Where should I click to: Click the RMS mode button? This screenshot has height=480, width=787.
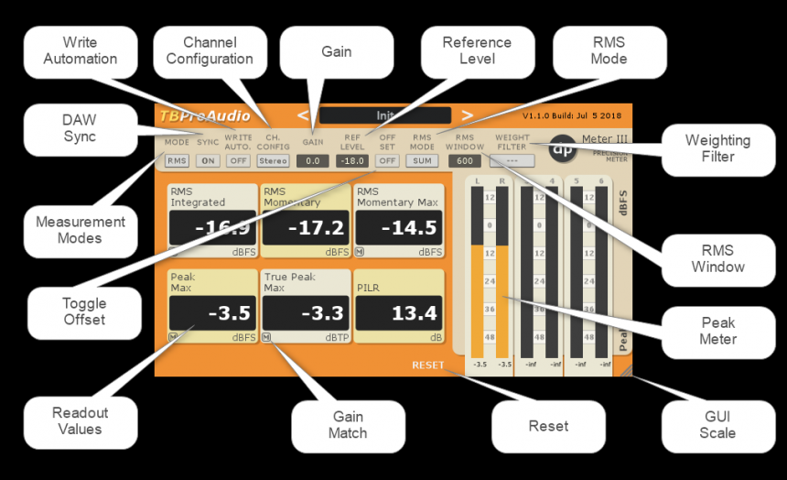point(176,160)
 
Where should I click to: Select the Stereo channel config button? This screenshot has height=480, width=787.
point(272,160)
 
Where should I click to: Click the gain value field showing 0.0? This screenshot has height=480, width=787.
point(312,160)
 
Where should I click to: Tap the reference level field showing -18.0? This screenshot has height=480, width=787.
point(351,160)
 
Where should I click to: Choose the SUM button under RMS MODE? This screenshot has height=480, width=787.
point(422,160)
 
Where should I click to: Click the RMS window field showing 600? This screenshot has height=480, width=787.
point(464,160)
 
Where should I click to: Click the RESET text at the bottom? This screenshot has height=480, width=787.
point(427,365)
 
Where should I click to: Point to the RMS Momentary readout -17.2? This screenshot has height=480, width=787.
point(305,228)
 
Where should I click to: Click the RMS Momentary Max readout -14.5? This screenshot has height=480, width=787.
point(398,228)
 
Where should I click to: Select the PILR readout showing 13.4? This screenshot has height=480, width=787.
point(398,313)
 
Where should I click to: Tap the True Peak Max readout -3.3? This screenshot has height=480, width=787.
point(305,313)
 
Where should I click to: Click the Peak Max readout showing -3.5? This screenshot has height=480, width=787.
point(212,313)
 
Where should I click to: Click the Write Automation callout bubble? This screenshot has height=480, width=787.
point(80,50)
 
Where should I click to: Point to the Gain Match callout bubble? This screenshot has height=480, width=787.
point(348,425)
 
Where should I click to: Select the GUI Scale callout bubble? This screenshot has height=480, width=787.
point(717,425)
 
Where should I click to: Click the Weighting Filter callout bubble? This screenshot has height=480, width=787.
point(717,148)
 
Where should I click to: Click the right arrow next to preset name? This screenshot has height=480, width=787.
point(467,115)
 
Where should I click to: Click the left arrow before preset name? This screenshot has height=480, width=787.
point(304,115)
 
